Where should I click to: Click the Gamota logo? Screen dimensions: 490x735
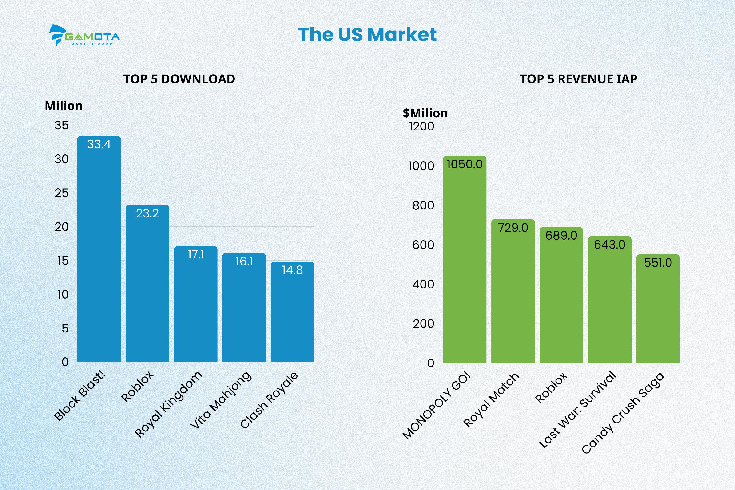[84, 35]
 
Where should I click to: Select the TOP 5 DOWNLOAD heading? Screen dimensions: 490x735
[179, 79]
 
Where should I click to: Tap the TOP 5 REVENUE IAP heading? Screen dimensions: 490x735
[578, 79]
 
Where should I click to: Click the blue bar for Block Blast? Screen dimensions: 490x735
[99, 250]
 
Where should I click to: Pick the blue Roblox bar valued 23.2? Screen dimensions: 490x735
[147, 284]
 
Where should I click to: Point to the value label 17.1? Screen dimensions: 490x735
[196, 255]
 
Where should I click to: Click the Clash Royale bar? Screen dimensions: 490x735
[292, 312]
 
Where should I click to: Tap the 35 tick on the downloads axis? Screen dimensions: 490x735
[62, 125]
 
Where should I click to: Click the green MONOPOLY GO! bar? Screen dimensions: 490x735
[465, 259]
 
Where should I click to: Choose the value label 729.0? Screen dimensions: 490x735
[513, 228]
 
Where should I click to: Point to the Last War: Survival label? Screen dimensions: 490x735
[578, 409]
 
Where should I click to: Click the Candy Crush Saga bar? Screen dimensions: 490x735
[658, 309]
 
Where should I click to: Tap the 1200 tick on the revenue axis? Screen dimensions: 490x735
[421, 126]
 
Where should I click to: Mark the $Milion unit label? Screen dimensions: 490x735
[425, 113]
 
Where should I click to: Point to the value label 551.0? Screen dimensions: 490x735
[658, 263]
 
